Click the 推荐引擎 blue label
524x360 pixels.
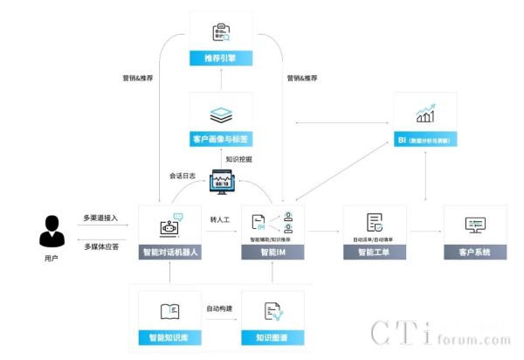click(221, 59)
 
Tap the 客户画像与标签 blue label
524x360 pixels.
click(221, 139)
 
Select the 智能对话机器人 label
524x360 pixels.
click(170, 253)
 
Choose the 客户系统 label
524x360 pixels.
click(475, 253)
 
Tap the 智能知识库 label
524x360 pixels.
click(171, 336)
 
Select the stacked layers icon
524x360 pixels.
click(221, 114)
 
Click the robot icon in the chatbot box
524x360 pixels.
click(169, 225)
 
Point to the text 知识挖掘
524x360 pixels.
click(238, 160)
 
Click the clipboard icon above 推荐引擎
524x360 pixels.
click(221, 33)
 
